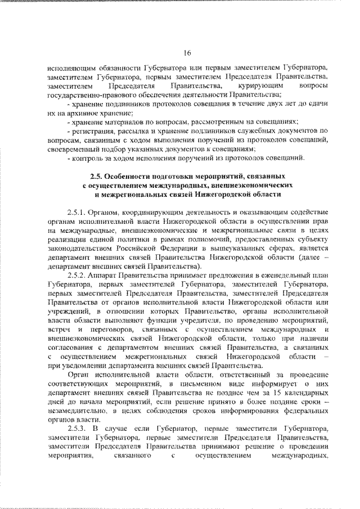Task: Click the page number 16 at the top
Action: pyautogui.click(x=187, y=53)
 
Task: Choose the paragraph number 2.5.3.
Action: pyautogui.click(x=76, y=429)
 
